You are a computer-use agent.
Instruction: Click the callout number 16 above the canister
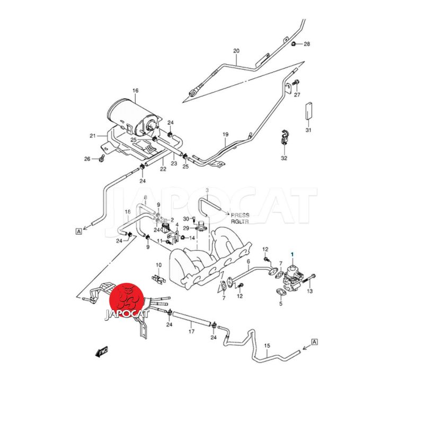click(135, 91)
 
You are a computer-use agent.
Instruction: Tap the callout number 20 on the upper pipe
click(236, 51)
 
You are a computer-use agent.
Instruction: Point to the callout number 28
click(306, 43)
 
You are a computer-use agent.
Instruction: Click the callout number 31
click(308, 130)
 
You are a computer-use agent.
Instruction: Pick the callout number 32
click(284, 158)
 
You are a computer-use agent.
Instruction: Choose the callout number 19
click(225, 135)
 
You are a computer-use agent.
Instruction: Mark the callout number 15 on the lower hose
click(267, 345)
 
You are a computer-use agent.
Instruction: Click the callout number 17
click(191, 331)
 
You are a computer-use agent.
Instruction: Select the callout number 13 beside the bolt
click(310, 291)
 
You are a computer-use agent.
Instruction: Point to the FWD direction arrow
click(101, 351)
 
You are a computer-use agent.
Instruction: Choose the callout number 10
click(158, 264)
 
